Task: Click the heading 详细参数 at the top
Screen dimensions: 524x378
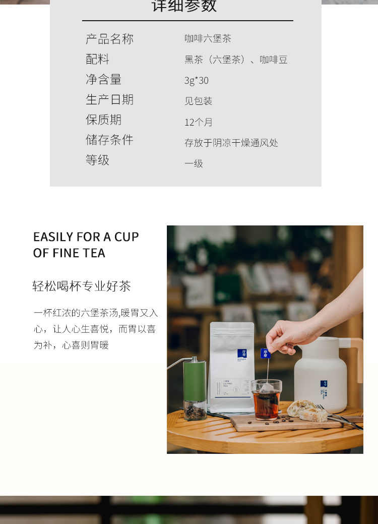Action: [184, 6]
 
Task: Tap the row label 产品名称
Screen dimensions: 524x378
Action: [109, 39]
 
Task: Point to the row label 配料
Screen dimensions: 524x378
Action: [97, 59]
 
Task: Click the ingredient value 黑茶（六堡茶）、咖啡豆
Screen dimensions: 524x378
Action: [236, 60]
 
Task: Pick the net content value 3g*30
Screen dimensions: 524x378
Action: [196, 81]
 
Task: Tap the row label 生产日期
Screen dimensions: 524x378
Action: [109, 99]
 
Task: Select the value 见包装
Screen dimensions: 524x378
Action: [198, 101]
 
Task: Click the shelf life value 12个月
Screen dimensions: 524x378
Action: [198, 122]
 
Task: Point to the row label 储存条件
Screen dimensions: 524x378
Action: [109, 140]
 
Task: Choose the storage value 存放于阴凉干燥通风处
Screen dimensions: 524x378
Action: [231, 143]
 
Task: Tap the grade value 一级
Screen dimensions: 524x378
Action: [194, 163]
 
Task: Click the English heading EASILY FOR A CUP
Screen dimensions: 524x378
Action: [86, 237]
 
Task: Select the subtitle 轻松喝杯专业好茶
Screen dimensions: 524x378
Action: [82, 286]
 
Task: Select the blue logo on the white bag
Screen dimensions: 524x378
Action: [241, 354]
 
